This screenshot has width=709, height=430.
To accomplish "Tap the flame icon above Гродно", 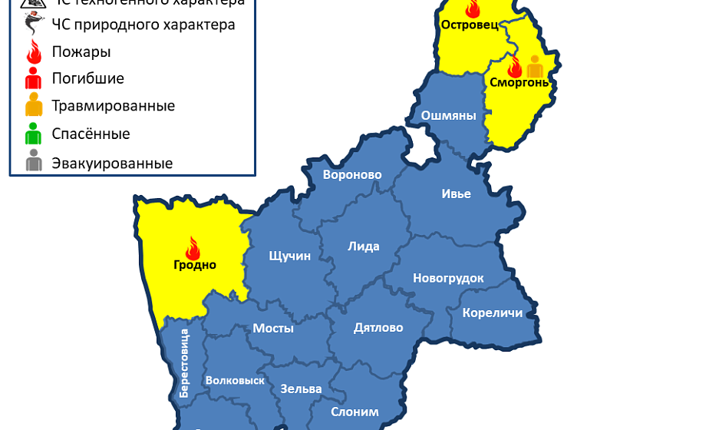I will [x=193, y=247].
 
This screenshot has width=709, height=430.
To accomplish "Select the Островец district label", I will [x=470, y=25].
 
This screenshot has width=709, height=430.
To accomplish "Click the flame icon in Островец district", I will [x=472, y=8].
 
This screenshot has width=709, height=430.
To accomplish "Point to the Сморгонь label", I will [x=519, y=82].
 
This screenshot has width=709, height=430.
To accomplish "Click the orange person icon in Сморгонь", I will [x=535, y=66].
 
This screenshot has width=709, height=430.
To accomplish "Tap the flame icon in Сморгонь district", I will [x=514, y=67].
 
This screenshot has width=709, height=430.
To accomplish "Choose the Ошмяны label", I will [x=448, y=115].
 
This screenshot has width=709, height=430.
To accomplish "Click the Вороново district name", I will [x=352, y=174].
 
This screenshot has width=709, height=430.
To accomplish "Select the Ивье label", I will [x=456, y=193].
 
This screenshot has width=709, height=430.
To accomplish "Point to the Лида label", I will [x=364, y=246].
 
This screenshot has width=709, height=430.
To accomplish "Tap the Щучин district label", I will [x=289, y=256].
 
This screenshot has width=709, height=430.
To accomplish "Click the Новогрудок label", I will [x=448, y=278].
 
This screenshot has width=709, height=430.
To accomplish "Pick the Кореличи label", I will [x=492, y=313].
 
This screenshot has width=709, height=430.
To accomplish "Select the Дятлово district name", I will [x=378, y=327].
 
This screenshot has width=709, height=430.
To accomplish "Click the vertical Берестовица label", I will [x=184, y=362].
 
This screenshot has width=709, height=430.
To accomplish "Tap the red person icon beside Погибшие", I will [x=33, y=78].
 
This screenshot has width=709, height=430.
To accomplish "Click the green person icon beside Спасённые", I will [x=33, y=134].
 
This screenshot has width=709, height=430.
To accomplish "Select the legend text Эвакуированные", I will [x=112, y=164].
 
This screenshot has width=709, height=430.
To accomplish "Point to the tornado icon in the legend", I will [x=33, y=25].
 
